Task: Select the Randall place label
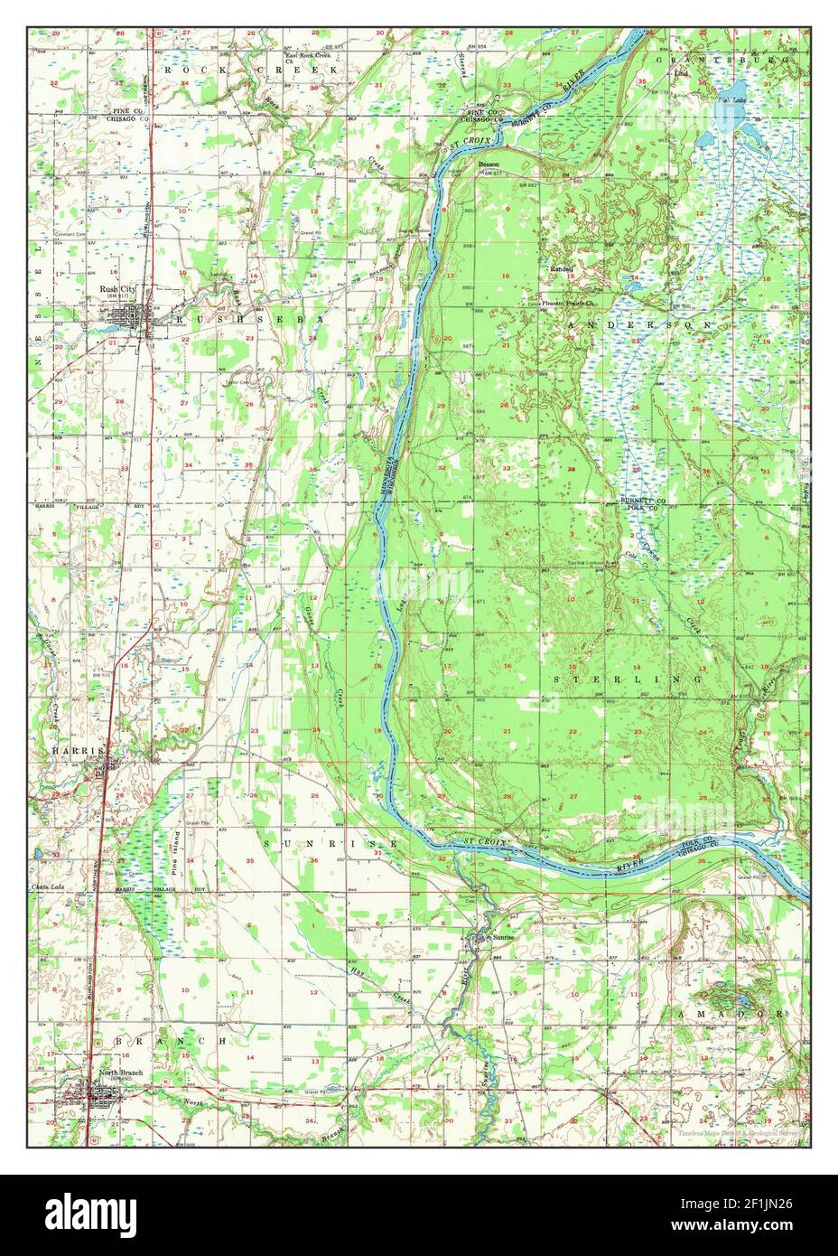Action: tap(563, 269)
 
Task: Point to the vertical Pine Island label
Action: tap(178, 848)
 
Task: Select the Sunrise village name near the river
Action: tap(502, 938)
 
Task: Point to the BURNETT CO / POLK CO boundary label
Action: tap(642, 503)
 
